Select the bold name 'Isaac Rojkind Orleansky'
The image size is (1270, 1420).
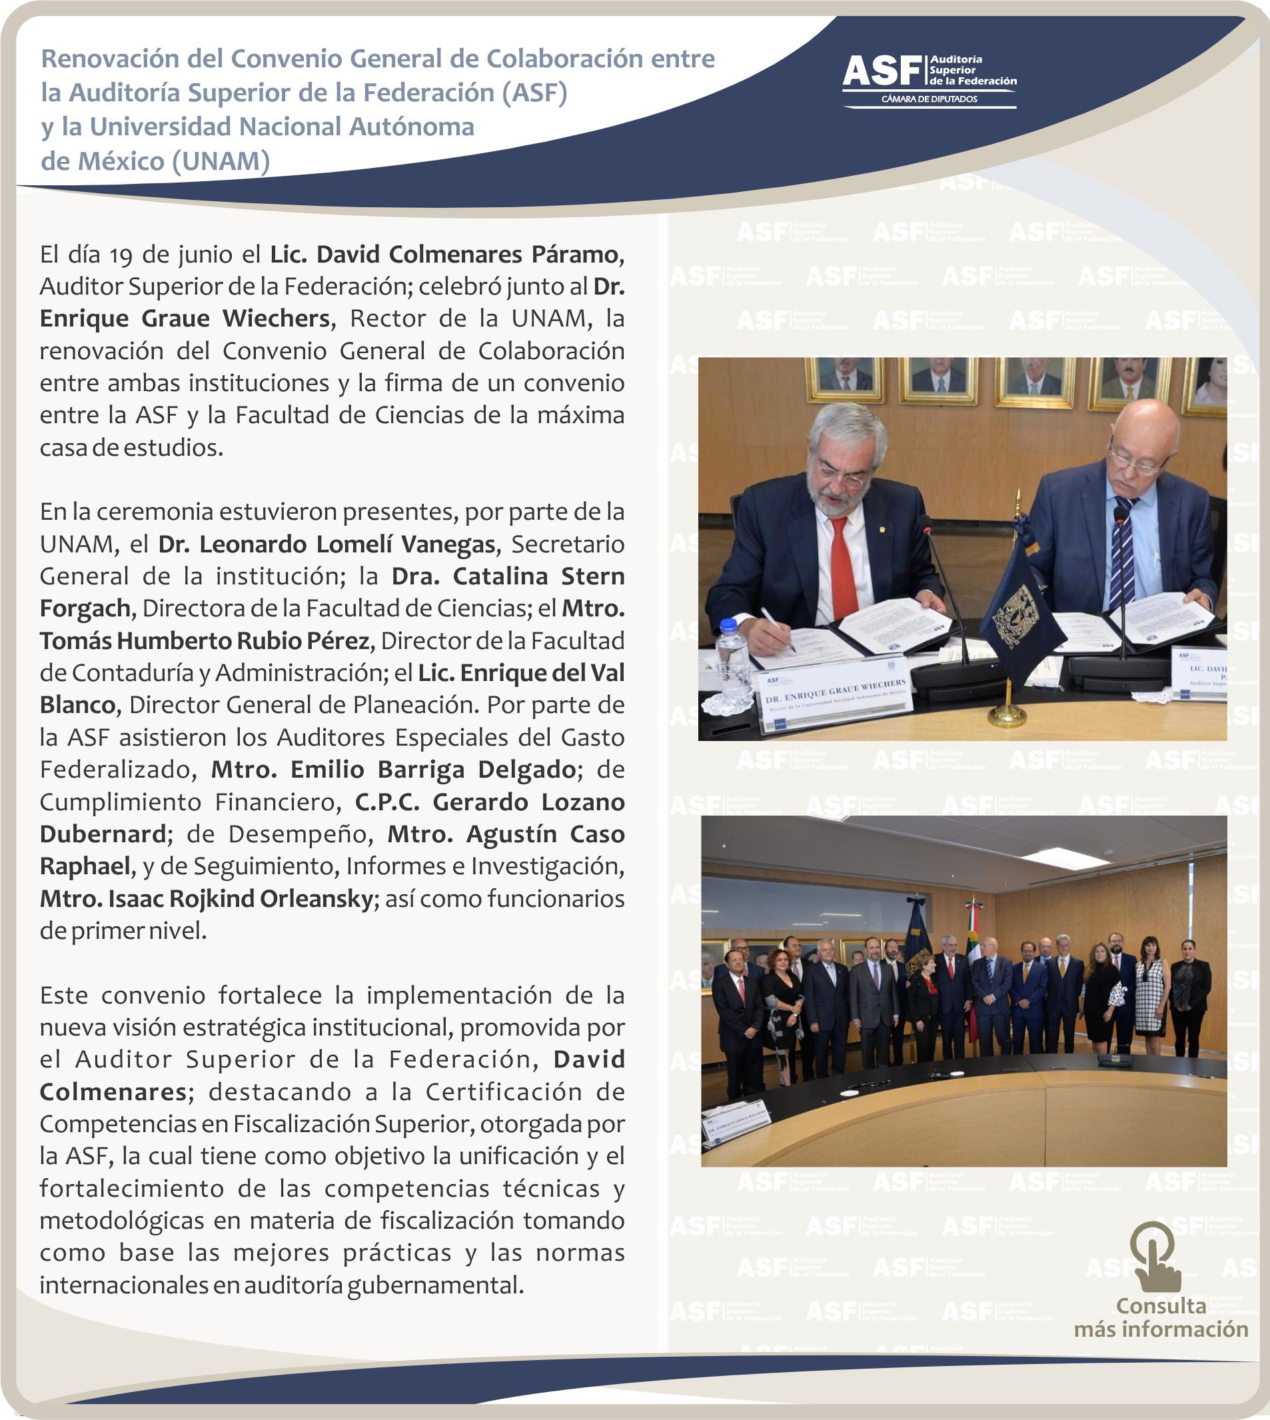(x=241, y=899)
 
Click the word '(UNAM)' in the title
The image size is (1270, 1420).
(x=221, y=161)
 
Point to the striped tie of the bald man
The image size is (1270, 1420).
(x=1124, y=551)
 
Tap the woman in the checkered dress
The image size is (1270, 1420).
(x=1150, y=998)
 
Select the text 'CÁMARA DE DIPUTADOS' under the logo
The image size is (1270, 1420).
(x=929, y=99)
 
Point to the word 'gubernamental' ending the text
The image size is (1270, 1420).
(x=432, y=1285)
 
